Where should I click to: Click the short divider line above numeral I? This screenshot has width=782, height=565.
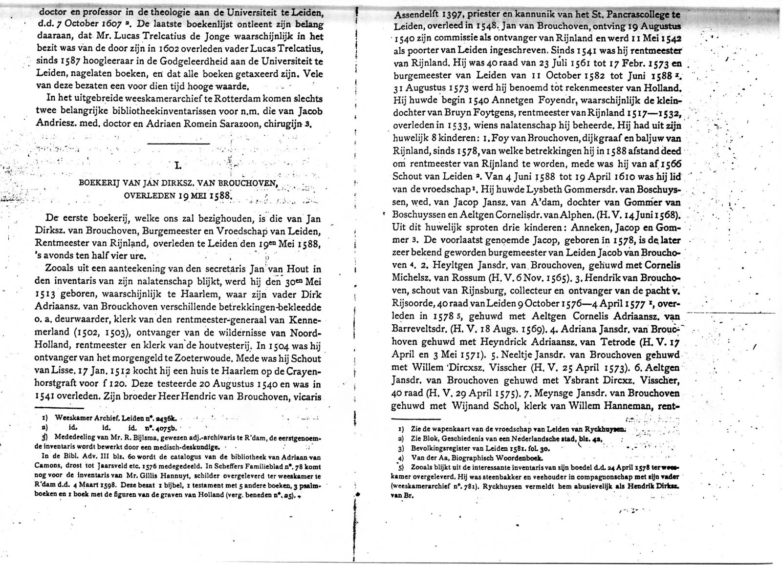178,143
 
